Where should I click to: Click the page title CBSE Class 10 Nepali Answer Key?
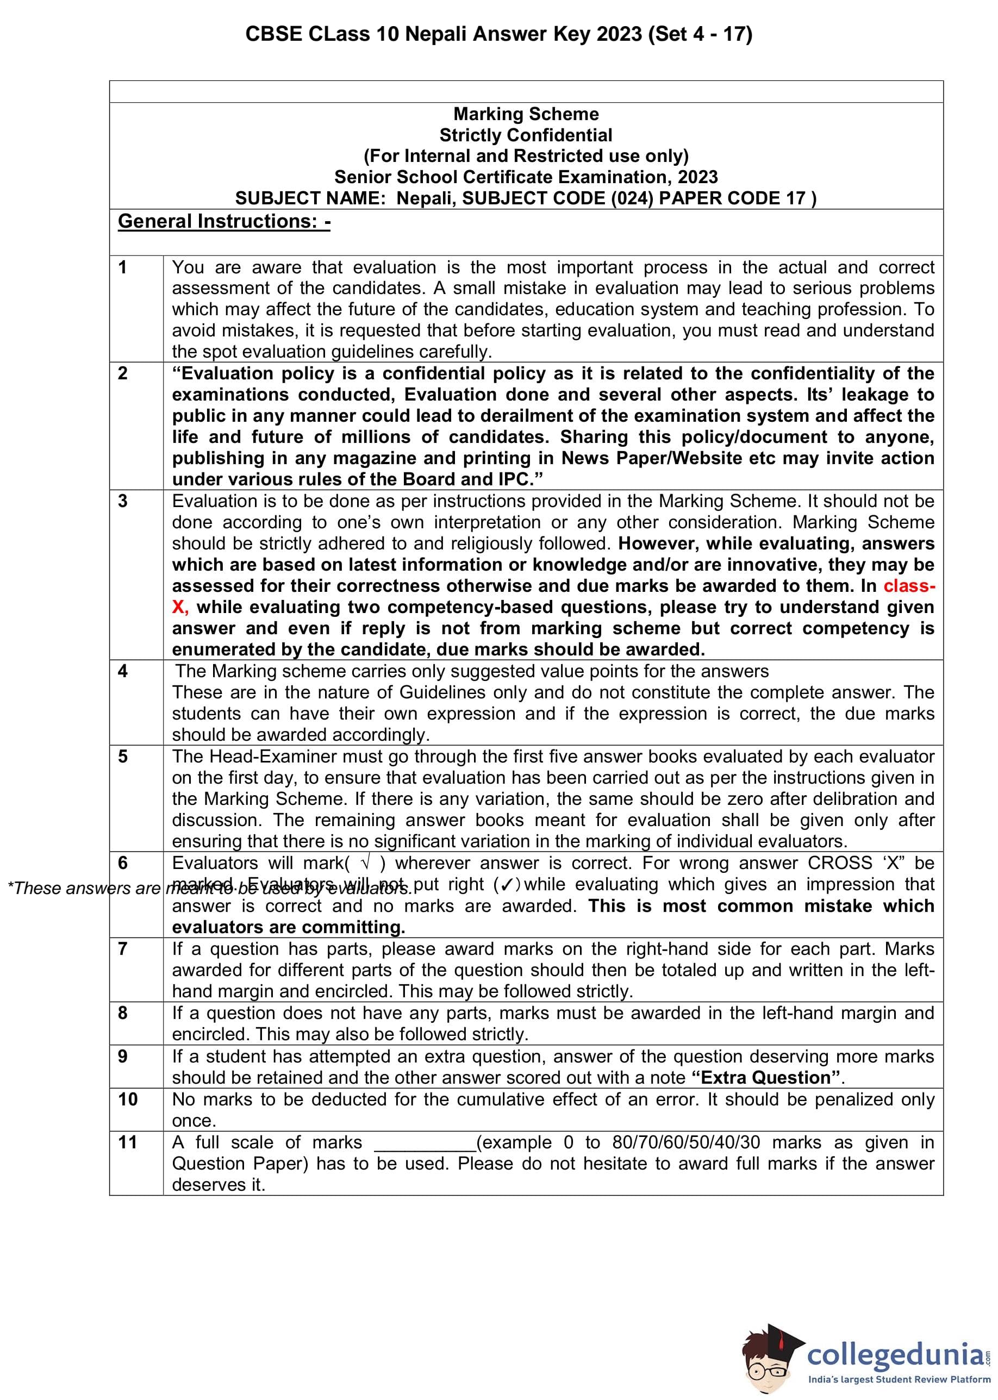(x=498, y=34)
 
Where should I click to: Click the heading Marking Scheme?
(x=526, y=114)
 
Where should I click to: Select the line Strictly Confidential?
(x=526, y=135)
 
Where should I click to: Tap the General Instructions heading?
(x=224, y=221)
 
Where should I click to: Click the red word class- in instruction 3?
(x=909, y=586)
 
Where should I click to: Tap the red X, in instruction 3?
(x=180, y=607)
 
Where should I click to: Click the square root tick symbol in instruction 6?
(x=366, y=863)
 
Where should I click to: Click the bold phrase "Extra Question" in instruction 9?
(x=766, y=1078)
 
